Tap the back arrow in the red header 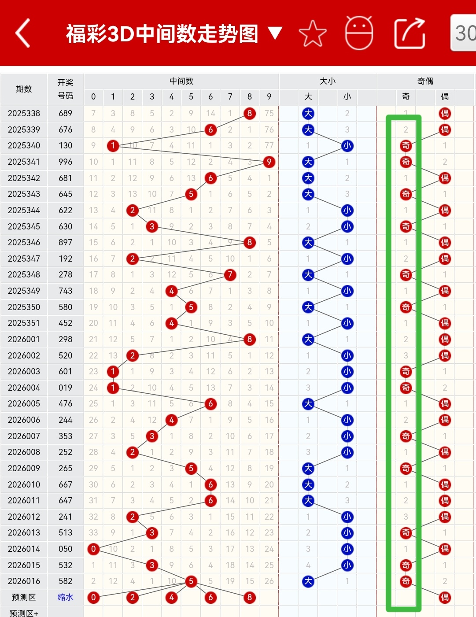tap(23, 33)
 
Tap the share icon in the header tap(409, 33)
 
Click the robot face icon tap(359, 33)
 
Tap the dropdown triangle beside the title tap(275, 33)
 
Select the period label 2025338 tap(24, 114)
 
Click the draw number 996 tap(65, 162)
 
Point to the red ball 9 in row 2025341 tap(269, 162)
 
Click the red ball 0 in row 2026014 tap(93, 549)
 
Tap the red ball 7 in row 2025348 tap(230, 275)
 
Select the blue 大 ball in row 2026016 tap(308, 581)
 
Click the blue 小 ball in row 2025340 tap(347, 146)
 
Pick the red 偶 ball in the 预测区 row tap(445, 597)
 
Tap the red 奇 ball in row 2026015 tap(406, 565)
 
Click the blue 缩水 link tap(65, 597)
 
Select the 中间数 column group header tap(181, 81)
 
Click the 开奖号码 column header tap(65, 89)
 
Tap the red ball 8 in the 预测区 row tap(250, 597)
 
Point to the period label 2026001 tap(24, 339)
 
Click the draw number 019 tap(65, 388)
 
